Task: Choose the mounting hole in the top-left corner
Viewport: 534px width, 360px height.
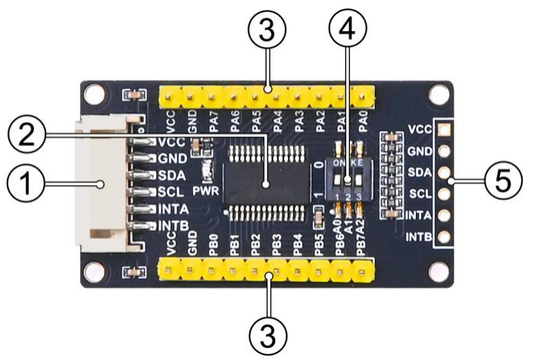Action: (94, 94)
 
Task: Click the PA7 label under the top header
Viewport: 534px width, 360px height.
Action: (216, 121)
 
